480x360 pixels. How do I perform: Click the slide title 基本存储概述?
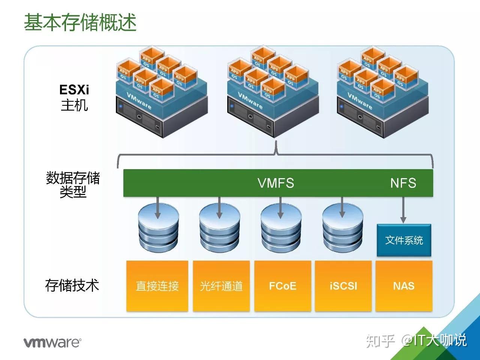[x=80, y=22]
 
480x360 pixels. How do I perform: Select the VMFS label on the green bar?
[x=276, y=183]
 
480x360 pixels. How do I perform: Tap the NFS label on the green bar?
[x=403, y=183]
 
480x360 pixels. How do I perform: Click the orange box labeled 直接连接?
[x=157, y=286]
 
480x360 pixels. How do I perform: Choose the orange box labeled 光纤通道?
[x=221, y=286]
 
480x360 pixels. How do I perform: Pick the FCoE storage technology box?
[x=283, y=286]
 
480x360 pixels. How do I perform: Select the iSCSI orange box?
[x=343, y=286]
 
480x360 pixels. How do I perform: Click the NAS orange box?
[x=404, y=286]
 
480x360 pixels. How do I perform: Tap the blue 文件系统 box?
[x=404, y=240]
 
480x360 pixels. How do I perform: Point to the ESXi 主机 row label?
[x=74, y=97]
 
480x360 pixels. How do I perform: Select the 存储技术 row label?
[x=72, y=285]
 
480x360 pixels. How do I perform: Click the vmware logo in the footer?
[x=52, y=342]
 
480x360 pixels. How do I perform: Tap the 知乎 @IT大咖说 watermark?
[x=416, y=340]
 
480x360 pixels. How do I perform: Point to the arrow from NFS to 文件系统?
[x=403, y=210]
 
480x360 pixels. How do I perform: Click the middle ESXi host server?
[x=273, y=112]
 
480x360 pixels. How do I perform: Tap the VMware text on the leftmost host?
[x=139, y=101]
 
